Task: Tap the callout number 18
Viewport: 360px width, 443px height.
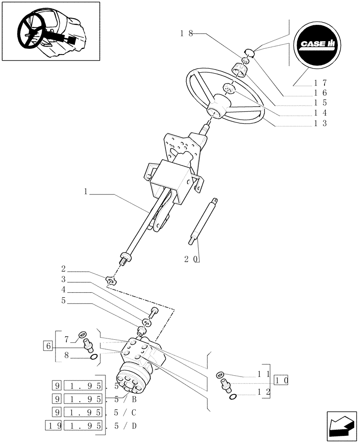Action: (x=187, y=33)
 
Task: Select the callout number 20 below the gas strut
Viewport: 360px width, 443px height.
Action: (x=192, y=258)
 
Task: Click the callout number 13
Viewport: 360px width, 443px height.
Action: (x=320, y=123)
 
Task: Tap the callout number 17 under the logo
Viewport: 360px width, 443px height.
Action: (x=320, y=82)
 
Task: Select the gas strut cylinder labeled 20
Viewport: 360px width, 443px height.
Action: (x=203, y=221)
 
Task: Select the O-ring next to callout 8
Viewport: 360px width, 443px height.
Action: (x=94, y=358)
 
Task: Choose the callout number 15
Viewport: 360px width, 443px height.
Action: (x=320, y=103)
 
